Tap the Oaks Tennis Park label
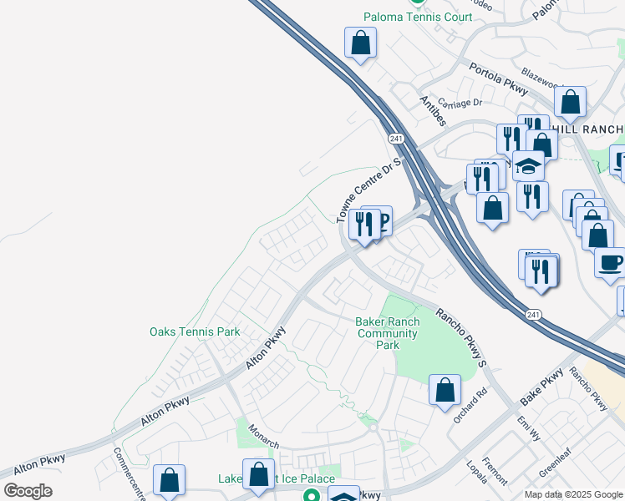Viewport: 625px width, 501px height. (195, 331)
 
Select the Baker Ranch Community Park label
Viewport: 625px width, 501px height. (386, 333)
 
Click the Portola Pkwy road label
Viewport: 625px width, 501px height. (499, 78)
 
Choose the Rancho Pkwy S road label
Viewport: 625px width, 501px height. (460, 337)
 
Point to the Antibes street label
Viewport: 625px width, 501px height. (434, 109)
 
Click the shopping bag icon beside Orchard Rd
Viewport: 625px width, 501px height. (445, 389)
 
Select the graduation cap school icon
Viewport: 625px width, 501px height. (528, 164)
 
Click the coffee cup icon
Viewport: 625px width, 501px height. (609, 261)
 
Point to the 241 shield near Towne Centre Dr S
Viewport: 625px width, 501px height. (396, 137)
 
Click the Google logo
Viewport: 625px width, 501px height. (28, 491)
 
